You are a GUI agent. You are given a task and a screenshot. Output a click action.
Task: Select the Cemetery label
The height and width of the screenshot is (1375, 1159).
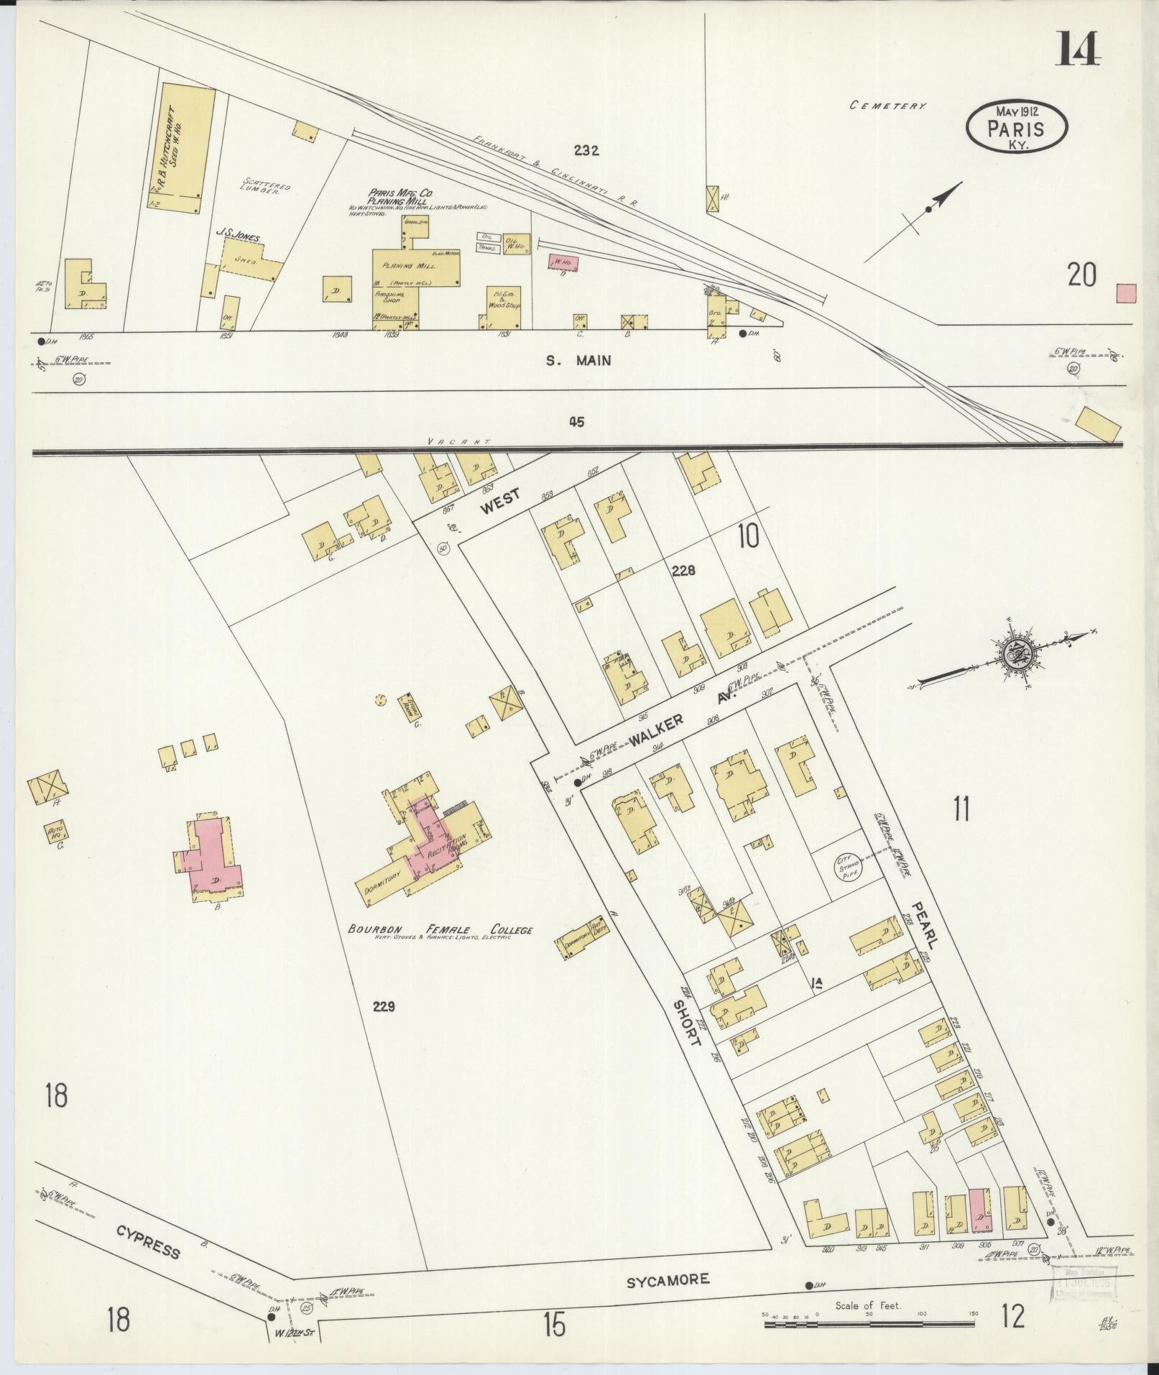(887, 106)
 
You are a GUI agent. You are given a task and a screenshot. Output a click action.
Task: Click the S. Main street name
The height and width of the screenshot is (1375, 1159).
(578, 360)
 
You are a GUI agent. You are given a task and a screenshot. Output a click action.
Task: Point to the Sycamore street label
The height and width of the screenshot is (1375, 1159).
(669, 1279)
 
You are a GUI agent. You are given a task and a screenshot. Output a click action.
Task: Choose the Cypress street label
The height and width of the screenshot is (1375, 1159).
(149, 1241)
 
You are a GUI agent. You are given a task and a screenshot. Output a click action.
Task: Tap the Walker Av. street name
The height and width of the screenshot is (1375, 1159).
(676, 725)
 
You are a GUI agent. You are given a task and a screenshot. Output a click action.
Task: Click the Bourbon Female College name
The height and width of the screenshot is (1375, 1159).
(440, 929)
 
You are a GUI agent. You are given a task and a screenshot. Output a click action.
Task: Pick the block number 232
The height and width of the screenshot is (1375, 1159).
(586, 150)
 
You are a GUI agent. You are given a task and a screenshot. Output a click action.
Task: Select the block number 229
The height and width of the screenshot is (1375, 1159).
(384, 1006)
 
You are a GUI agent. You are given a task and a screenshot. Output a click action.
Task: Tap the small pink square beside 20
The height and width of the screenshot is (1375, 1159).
(1125, 293)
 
